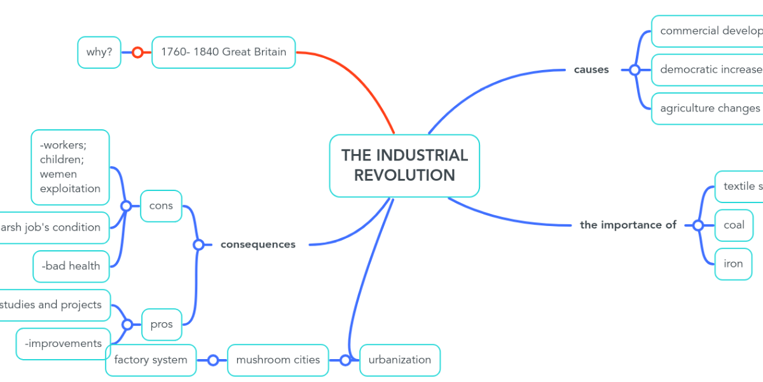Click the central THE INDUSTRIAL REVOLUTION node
pyautogui.click(x=404, y=166)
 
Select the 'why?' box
pyautogui.click(x=99, y=52)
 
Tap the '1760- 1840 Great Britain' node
pyautogui.click(x=223, y=52)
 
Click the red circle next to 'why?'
pyautogui.click(x=137, y=53)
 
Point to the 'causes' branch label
pyautogui.click(x=591, y=70)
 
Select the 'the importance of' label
pyautogui.click(x=628, y=225)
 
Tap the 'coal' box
pyautogui.click(x=734, y=225)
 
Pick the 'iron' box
pyautogui.click(x=733, y=264)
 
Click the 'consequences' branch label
pyautogui.click(x=258, y=244)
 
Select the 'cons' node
pyautogui.click(x=161, y=206)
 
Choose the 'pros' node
pyautogui.click(x=162, y=324)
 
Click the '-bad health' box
pyautogui.click(x=71, y=266)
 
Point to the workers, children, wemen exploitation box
pyautogui.click(x=70, y=167)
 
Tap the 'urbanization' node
pyautogui.click(x=399, y=360)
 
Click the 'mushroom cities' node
pyautogui.click(x=278, y=360)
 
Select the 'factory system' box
pyautogui.click(x=151, y=360)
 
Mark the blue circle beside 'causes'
pyautogui.click(x=634, y=70)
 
